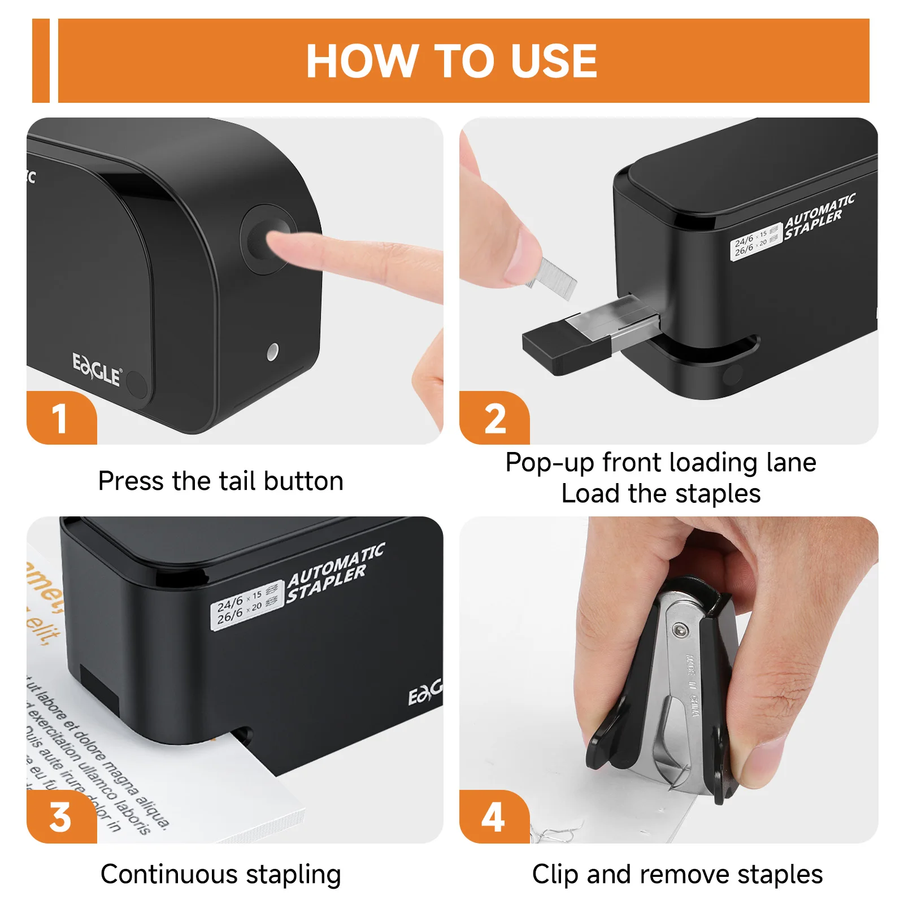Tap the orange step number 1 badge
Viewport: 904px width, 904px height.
click(x=60, y=419)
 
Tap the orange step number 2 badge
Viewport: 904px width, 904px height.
click(x=494, y=419)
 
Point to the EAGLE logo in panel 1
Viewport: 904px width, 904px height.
click(x=97, y=370)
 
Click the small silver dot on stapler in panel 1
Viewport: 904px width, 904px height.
click(x=272, y=351)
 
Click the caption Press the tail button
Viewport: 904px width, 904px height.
click(x=220, y=481)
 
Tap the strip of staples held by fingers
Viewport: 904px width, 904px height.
click(x=554, y=276)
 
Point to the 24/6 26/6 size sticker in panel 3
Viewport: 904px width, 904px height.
click(x=247, y=604)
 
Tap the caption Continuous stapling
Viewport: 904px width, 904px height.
click(x=220, y=874)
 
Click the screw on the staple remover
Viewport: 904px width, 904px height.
click(x=680, y=629)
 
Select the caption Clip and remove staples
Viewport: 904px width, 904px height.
click(x=677, y=874)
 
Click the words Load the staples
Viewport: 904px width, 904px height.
click(x=660, y=494)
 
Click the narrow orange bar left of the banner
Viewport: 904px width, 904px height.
click(x=41, y=61)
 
